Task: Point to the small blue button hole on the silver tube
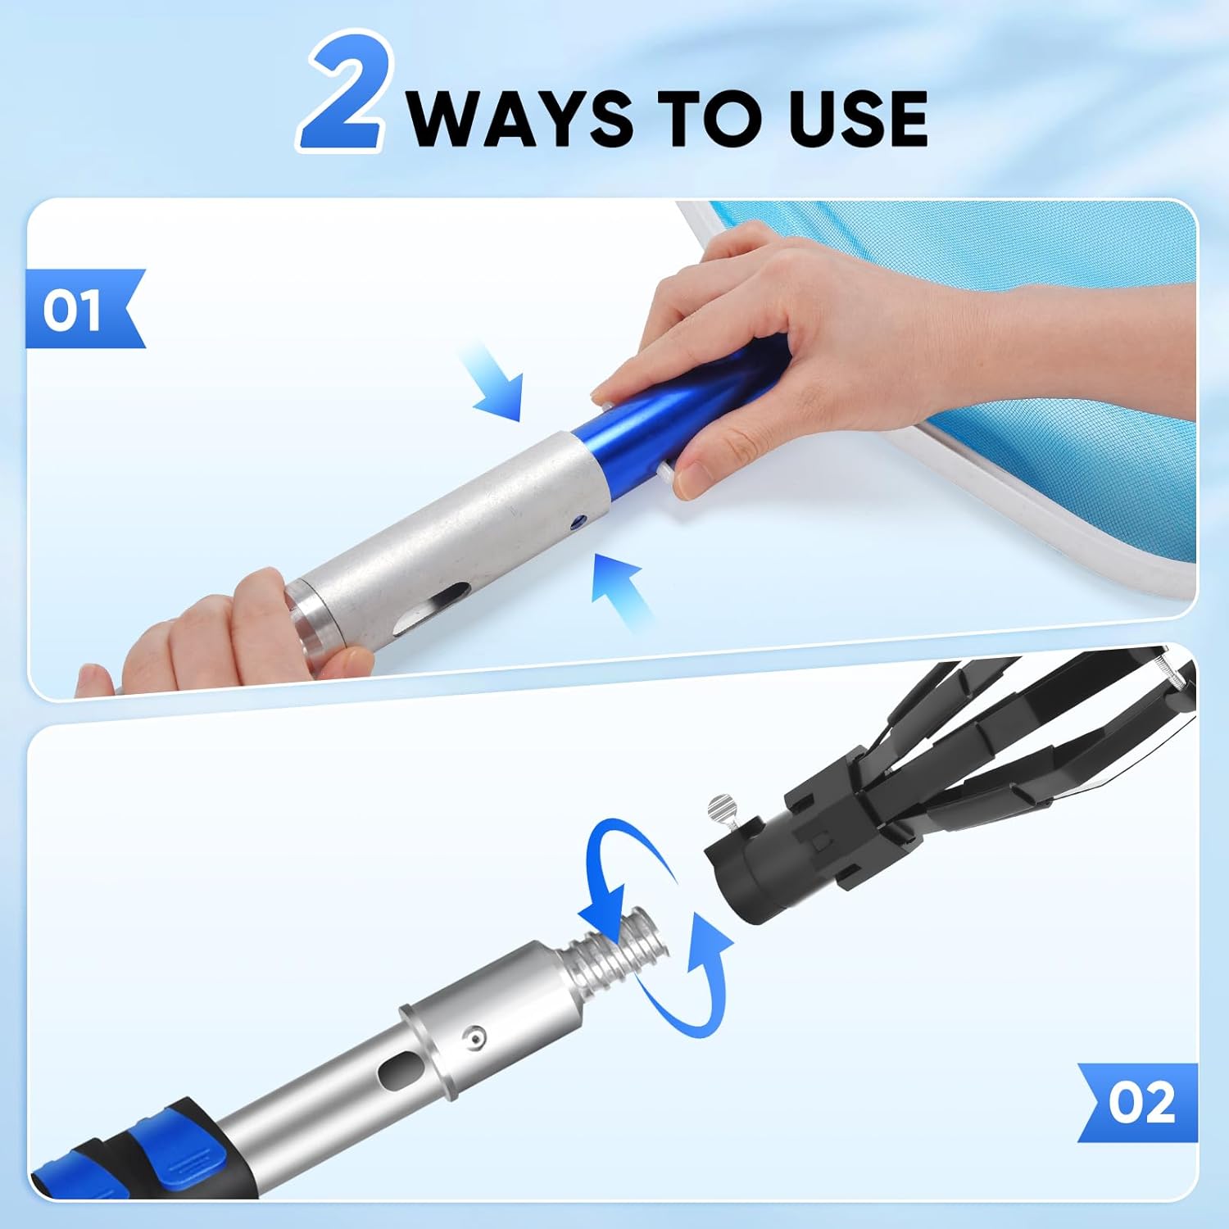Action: coord(578,519)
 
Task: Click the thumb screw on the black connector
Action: coord(722,806)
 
